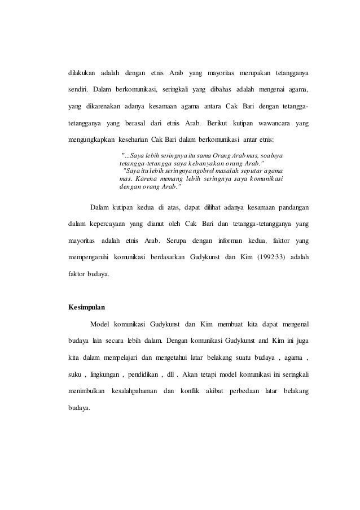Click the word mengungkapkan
tap(90, 138)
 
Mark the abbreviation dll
tap(182, 374)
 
